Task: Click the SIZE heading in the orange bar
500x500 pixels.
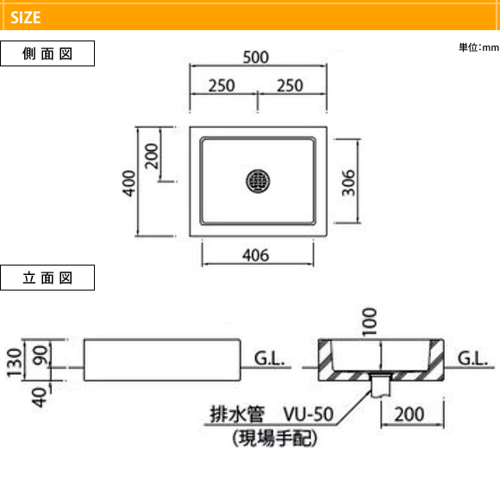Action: (x=26, y=17)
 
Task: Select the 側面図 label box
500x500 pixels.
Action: (x=47, y=53)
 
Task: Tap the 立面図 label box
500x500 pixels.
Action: (x=47, y=278)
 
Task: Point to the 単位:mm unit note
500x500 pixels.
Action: (x=479, y=47)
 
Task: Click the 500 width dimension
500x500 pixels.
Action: (x=256, y=58)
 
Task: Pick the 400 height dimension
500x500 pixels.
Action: (x=129, y=183)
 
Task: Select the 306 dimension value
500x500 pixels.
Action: (x=348, y=183)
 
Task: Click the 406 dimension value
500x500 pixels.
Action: (x=256, y=255)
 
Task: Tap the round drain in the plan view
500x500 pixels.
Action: (x=258, y=181)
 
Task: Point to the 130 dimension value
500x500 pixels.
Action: (x=15, y=362)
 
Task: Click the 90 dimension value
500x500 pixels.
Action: (x=41, y=355)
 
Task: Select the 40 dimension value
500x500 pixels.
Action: (x=40, y=397)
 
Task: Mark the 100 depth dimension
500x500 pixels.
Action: (x=370, y=322)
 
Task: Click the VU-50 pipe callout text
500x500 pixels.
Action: (x=309, y=414)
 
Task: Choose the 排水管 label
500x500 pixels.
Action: (x=237, y=414)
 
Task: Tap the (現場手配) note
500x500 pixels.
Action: (x=274, y=439)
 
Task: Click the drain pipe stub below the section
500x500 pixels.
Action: (x=381, y=386)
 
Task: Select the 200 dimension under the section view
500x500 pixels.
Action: (x=409, y=415)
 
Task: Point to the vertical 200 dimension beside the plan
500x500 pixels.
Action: (x=152, y=156)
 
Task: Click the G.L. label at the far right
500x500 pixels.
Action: (x=472, y=359)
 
